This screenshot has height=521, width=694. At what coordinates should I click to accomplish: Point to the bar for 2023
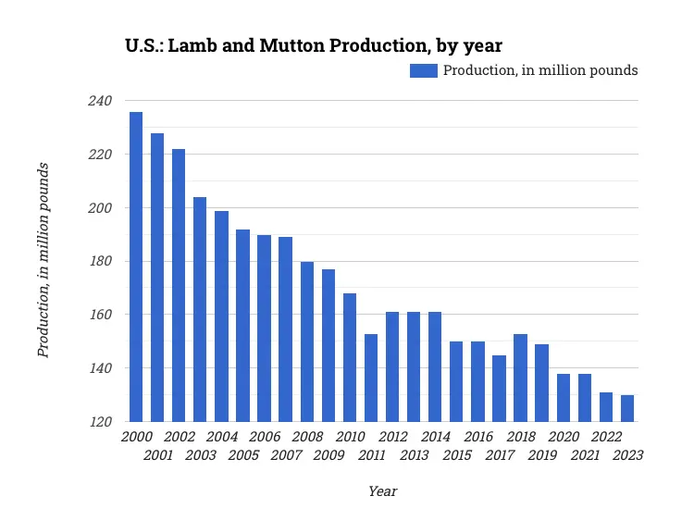point(627,408)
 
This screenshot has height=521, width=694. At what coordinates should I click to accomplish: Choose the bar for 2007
point(286,329)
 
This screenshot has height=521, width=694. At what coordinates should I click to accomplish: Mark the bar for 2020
point(564,397)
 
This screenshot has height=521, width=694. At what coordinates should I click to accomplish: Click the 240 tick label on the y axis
point(99,101)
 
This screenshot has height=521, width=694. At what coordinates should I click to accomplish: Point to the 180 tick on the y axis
point(99,262)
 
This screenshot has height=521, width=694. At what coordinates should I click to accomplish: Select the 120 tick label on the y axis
point(99,422)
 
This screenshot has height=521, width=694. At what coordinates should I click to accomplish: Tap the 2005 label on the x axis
point(243,454)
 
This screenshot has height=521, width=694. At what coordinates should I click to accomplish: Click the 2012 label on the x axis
point(393,437)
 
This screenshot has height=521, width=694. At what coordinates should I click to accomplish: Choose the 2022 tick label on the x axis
point(607,437)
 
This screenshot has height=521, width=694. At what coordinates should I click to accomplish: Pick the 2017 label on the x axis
point(500,454)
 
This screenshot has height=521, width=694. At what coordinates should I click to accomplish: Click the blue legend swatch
point(424,71)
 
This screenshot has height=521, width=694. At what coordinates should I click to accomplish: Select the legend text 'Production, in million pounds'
point(540,71)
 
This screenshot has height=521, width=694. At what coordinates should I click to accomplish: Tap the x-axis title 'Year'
point(382,491)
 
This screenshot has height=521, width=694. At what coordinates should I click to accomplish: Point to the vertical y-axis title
point(43,260)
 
